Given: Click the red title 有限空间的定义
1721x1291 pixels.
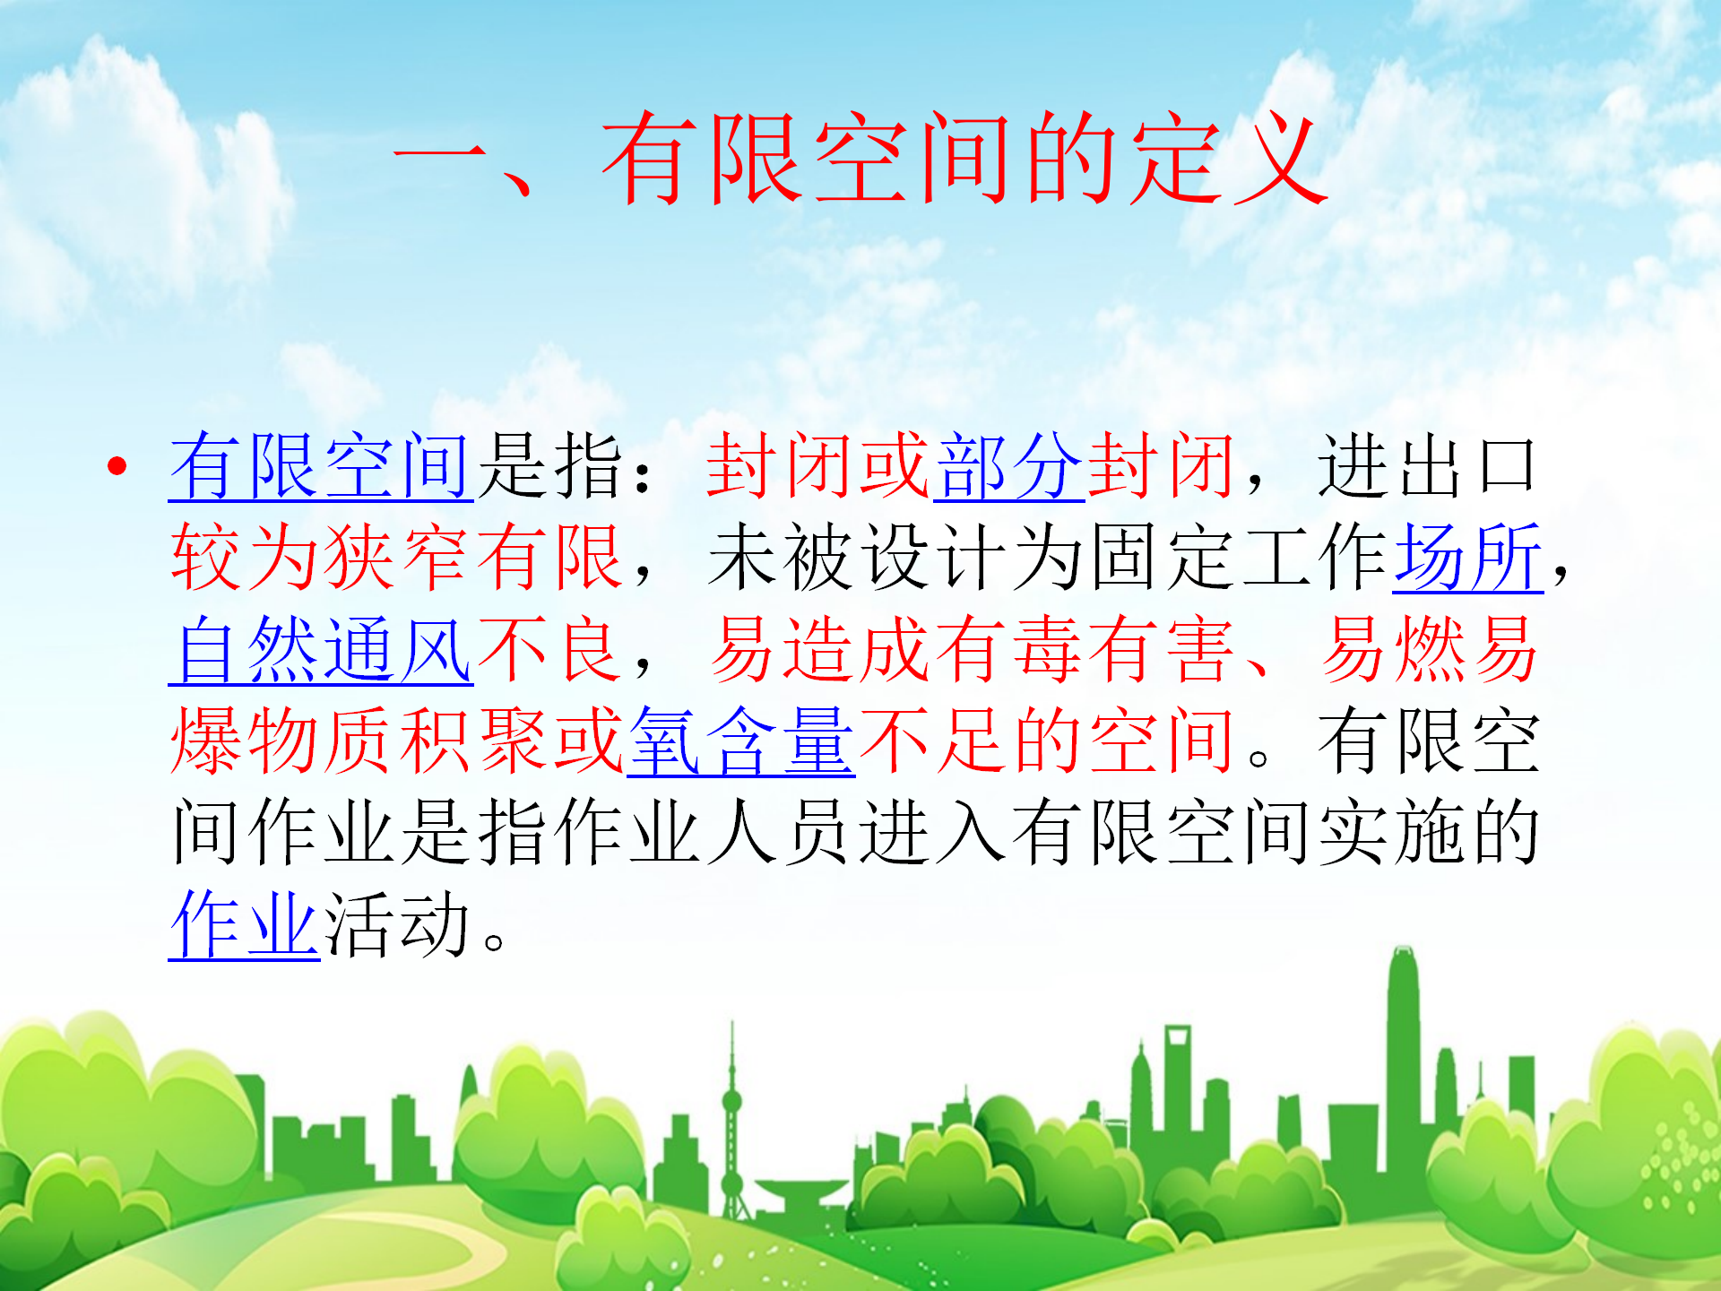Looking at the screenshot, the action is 964,160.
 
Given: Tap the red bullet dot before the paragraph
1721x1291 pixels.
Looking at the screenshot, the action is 117,465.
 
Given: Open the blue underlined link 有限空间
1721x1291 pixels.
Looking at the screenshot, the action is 321,465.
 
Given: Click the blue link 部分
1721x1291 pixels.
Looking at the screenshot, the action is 1009,465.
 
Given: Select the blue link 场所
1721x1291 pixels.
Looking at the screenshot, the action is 1468,558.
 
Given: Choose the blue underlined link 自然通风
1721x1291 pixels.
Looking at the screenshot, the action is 321,650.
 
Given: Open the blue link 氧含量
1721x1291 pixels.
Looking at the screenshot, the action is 741,741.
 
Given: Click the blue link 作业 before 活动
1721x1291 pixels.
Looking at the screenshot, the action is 245,925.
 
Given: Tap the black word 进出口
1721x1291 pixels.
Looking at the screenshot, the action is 1428,465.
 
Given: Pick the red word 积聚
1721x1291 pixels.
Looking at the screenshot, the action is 474,741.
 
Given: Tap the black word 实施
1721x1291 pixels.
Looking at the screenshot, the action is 1390,834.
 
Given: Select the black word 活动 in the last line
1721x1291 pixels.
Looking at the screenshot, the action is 397,925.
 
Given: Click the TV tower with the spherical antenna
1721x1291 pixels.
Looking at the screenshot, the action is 732,1121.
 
